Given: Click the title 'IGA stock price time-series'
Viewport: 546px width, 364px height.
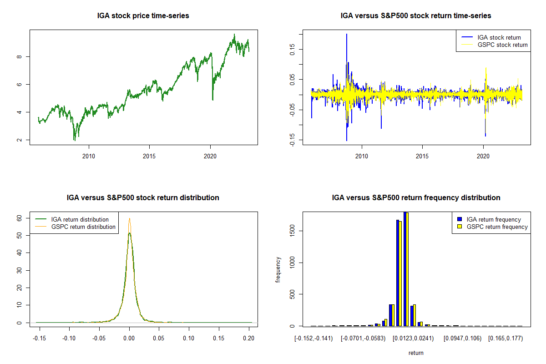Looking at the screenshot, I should click(143, 16).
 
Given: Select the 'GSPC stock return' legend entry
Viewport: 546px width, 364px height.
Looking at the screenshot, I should click(502, 45).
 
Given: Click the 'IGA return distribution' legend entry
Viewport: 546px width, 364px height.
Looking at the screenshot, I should click(80, 219).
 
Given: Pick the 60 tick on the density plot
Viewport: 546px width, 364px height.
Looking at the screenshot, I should click(20, 218).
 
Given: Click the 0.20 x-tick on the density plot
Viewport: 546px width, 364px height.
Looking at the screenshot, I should click(248, 339).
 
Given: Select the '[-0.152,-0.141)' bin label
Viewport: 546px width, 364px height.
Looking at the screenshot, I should click(314, 339).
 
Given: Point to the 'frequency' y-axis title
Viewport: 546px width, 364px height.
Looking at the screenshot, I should click(278, 269).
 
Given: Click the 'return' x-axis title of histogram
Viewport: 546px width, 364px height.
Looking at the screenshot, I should click(416, 353).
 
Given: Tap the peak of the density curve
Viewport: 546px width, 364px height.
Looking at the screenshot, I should click(130, 218).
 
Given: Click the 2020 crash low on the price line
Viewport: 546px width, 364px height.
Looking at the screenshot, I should click(212, 100).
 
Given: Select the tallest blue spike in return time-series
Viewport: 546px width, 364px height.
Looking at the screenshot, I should click(347, 34).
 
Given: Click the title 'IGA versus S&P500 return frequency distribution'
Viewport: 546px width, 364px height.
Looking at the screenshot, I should click(416, 198).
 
